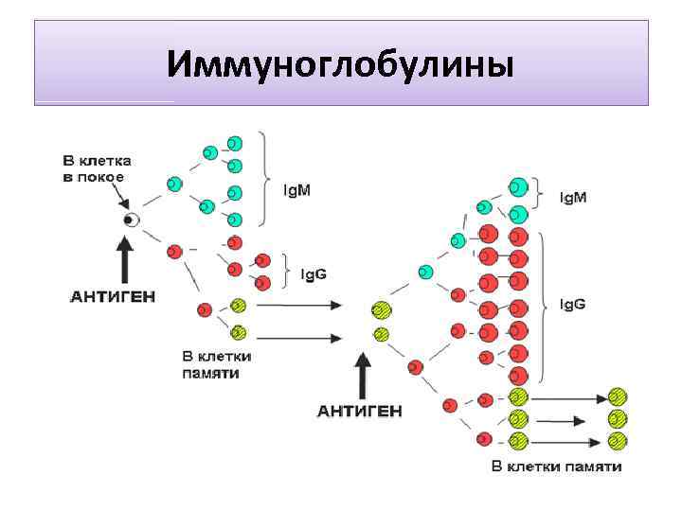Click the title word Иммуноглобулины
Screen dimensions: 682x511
tap(340, 65)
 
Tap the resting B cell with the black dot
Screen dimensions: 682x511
tap(132, 220)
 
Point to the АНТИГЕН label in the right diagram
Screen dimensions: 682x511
tap(359, 411)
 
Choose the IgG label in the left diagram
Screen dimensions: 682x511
tap(314, 273)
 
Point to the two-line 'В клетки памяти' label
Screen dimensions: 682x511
tap(217, 365)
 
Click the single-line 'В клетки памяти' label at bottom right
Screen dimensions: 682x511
tap(557, 467)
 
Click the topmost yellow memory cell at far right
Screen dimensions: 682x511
tap(618, 396)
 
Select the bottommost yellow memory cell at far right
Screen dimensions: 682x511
tap(618, 440)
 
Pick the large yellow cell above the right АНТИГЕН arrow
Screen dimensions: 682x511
tap(382, 310)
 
